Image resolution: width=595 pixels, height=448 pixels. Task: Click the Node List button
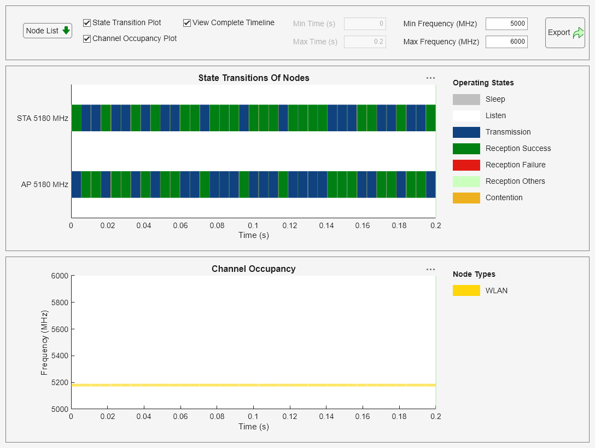[x=48, y=31]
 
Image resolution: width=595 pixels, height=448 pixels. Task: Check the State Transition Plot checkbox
[x=87, y=23]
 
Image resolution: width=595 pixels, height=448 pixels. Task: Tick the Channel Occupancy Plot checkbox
[x=87, y=39]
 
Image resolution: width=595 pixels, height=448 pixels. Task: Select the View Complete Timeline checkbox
[x=187, y=23]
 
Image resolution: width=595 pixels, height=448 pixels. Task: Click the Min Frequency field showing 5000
[x=506, y=24]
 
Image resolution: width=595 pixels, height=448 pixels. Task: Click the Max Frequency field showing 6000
[x=506, y=42]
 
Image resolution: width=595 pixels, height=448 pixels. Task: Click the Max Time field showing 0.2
[x=365, y=42]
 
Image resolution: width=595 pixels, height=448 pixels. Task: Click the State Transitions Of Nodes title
[x=254, y=78]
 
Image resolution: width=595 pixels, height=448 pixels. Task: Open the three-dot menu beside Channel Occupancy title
[x=430, y=269]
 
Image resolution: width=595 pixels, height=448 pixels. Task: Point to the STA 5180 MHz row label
[x=43, y=118]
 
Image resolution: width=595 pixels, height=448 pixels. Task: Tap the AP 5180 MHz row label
[x=44, y=184]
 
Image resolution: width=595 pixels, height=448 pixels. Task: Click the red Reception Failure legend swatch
[x=466, y=165]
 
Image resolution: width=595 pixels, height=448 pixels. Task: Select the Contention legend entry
[x=504, y=197]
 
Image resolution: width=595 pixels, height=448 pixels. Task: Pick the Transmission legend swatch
[x=466, y=132]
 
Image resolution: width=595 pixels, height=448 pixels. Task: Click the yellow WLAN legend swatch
[x=466, y=290]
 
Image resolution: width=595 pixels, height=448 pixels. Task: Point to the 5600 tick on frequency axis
[x=59, y=329]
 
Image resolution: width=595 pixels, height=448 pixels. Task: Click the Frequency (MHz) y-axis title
[x=44, y=342]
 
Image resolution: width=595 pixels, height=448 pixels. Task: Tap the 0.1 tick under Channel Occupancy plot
[x=253, y=417]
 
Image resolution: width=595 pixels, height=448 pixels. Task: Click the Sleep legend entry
[x=495, y=99]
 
